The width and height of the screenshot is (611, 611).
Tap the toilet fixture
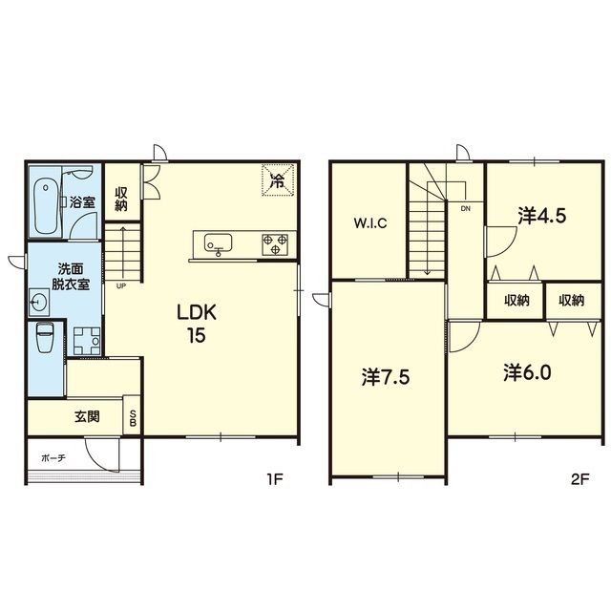pos(44,337)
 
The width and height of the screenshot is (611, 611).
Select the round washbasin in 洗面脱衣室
pos(39,303)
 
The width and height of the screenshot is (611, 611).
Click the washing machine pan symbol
pos(87,341)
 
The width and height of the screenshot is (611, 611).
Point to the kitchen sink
pos(219,243)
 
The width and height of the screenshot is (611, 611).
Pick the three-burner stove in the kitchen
pos(275,244)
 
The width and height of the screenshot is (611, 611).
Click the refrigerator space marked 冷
pos(278,180)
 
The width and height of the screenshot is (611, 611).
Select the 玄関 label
pos(87,416)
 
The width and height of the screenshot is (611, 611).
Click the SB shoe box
pos(132,416)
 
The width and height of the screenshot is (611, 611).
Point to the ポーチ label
pos(53,458)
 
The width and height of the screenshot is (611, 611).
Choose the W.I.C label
pos(370,223)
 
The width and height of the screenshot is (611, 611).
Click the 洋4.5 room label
pos(541,216)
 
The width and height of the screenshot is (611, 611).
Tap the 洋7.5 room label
pos(386,377)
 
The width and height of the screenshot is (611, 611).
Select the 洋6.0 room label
pos(527,373)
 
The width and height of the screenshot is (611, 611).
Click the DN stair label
pos(466,209)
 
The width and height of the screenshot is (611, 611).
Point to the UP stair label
pos(121,286)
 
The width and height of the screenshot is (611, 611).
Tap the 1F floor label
pos(274,479)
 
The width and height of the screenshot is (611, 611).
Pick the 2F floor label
pos(579,479)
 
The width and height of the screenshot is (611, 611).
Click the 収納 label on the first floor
pos(121,200)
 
